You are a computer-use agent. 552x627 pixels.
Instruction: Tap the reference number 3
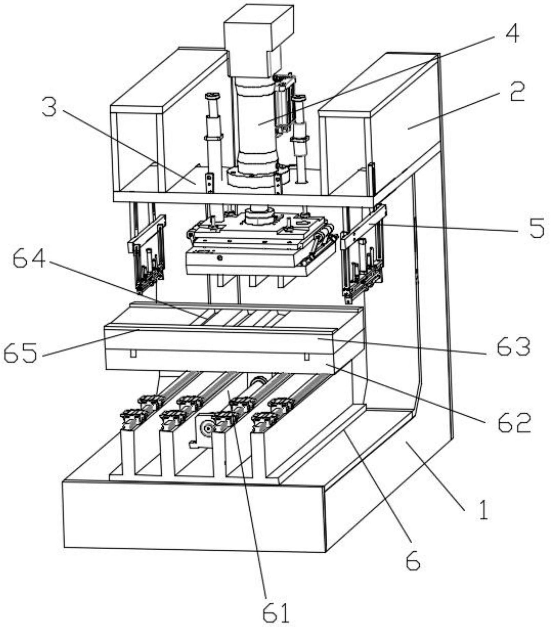click(x=50, y=107)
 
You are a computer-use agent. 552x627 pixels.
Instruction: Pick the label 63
click(x=513, y=347)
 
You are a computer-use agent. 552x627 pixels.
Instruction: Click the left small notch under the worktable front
click(x=133, y=354)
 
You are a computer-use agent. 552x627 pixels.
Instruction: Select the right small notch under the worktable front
click(x=307, y=356)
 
